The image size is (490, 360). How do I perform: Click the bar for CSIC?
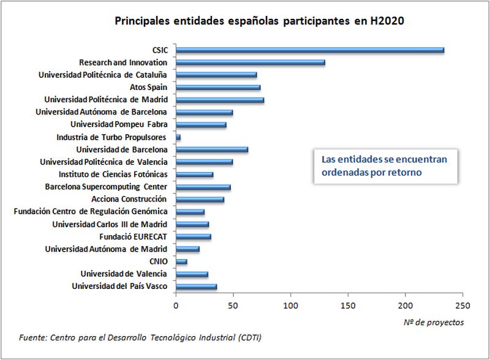tap(309, 50)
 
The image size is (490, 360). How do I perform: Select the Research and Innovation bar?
tap(250, 62)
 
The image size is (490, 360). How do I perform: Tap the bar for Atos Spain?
tap(218, 88)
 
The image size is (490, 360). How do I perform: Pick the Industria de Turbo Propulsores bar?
tap(178, 137)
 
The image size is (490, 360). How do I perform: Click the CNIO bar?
tap(181, 261)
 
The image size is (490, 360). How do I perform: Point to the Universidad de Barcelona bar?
tap(212, 149)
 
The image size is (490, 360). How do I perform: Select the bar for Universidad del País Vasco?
tap(196, 287)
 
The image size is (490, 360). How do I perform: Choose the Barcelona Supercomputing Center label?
tap(107, 187)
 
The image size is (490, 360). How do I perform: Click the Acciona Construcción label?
tap(129, 199)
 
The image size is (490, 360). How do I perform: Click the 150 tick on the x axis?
tap(348, 304)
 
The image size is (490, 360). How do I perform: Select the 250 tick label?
tap(462, 304)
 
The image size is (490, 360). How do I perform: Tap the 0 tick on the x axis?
tap(176, 304)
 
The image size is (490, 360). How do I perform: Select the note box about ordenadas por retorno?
tap(384, 167)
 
